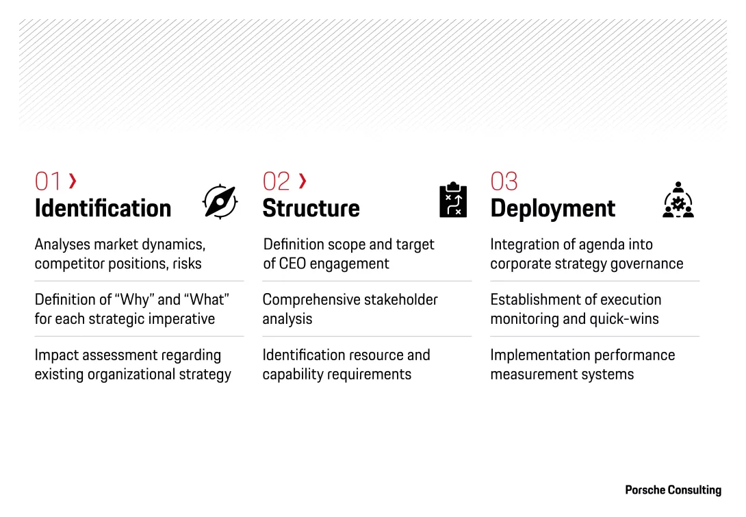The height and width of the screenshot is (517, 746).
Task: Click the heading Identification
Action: click(x=103, y=208)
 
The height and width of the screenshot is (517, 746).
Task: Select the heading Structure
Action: click(x=311, y=208)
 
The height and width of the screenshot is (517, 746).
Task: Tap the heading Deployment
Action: click(x=553, y=208)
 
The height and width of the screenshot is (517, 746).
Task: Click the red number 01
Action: click(x=48, y=181)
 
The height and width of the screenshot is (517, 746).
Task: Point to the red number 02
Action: click(x=276, y=181)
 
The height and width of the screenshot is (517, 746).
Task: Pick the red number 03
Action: click(x=504, y=181)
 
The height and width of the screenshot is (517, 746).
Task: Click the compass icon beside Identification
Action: click(x=220, y=201)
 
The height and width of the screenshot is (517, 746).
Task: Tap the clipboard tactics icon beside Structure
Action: click(x=453, y=200)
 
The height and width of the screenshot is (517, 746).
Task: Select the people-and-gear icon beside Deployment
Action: click(x=678, y=200)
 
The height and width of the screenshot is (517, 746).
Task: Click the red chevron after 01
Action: click(x=73, y=181)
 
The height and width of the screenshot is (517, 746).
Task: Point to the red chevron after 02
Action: click(x=303, y=181)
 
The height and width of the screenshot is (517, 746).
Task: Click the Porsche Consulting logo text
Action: click(x=673, y=490)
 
